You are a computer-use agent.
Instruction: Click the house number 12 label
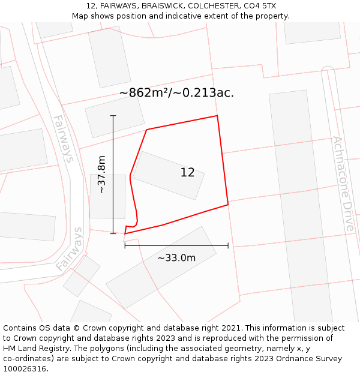187,173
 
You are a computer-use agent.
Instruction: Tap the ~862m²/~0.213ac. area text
176,93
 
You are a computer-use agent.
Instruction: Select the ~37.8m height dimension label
101,174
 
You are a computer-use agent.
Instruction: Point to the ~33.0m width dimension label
176,258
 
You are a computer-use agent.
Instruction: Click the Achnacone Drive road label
343,184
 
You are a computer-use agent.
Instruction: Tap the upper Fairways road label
64,139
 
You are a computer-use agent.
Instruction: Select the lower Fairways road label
69,248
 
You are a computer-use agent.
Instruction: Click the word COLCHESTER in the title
212,5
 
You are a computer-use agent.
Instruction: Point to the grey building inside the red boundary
168,175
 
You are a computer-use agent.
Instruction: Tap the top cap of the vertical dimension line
113,115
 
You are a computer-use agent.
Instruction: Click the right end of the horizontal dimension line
228,245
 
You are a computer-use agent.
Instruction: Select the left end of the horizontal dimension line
125,245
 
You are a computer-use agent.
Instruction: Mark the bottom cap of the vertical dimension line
113,233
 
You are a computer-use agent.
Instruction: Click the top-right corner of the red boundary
217,116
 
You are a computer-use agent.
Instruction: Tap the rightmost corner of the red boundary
228,205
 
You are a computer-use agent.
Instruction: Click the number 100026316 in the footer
25,369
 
